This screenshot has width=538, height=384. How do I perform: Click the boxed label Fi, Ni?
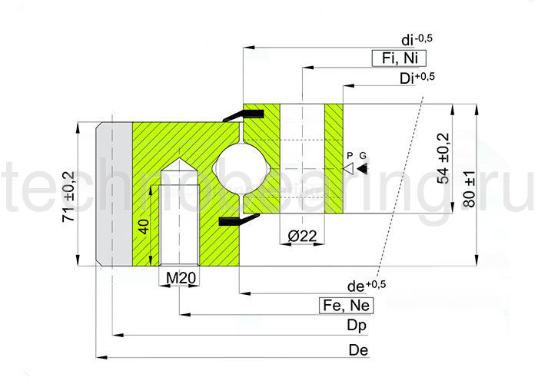[399, 58]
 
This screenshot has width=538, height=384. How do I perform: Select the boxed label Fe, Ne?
[346, 305]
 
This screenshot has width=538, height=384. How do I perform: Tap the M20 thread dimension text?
[181, 278]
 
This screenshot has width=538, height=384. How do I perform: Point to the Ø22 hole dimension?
[302, 236]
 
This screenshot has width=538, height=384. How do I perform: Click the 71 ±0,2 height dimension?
[68, 196]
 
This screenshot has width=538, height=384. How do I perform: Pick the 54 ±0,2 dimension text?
[443, 158]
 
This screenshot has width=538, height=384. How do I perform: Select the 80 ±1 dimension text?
[469, 189]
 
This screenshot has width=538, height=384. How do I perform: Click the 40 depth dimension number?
[144, 227]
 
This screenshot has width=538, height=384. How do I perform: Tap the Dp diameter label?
[357, 325]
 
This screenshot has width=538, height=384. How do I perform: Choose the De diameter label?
[358, 350]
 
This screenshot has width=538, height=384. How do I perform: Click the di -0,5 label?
[417, 39]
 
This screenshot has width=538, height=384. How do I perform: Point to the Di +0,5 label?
[417, 78]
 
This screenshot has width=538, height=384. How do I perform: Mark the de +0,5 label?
[367, 286]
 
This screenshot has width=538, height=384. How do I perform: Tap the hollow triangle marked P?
[348, 169]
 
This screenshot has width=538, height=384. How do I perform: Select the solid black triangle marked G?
[362, 169]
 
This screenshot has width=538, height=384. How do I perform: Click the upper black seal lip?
[244, 115]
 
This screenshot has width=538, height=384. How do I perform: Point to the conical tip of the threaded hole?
[179, 159]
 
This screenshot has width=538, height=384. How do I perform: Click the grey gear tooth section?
[114, 194]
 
